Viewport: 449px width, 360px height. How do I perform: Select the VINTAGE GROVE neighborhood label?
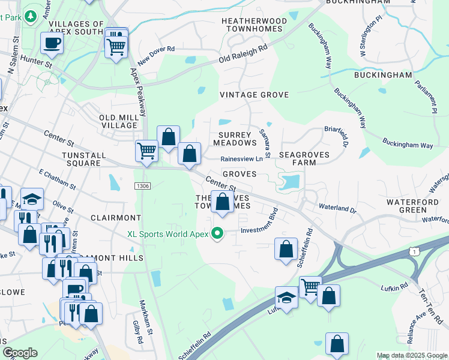(254, 95)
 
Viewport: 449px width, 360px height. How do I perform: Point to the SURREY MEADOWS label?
(235, 139)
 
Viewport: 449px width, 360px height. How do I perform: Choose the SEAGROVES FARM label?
(296, 158)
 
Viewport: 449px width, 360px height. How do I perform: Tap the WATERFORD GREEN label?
(412, 206)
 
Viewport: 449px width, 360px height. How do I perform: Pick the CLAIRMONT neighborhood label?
(116, 217)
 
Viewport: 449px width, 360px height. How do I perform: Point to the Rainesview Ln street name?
(241, 159)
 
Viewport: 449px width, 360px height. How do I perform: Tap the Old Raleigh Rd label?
(243, 56)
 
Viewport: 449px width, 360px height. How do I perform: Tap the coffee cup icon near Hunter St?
(52, 44)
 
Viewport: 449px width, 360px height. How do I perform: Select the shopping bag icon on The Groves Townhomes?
(223, 202)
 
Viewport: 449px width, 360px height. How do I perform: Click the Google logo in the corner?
(20, 353)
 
